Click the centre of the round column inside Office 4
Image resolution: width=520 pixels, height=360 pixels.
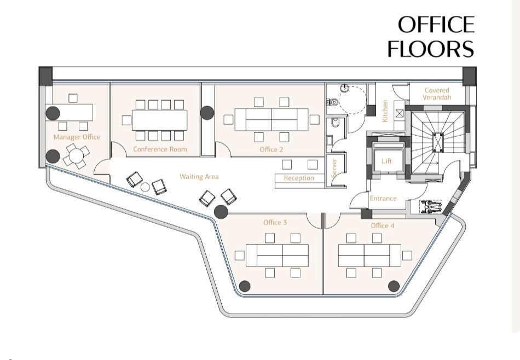(x=394, y=286)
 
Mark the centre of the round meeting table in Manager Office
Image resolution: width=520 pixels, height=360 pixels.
(x=76, y=155)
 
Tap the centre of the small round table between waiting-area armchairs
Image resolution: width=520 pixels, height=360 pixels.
(x=145, y=187)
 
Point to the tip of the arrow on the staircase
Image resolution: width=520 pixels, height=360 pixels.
(x=439, y=162)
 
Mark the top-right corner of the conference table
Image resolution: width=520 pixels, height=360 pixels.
(x=187, y=110)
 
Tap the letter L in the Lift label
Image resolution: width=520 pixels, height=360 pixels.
(x=383, y=161)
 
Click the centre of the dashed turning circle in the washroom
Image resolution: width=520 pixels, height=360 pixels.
(x=352, y=100)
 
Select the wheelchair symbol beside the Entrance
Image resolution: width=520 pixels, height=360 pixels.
(x=431, y=207)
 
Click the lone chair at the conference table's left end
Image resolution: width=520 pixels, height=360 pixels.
(x=126, y=120)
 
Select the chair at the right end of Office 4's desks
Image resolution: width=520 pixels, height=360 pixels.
(x=407, y=256)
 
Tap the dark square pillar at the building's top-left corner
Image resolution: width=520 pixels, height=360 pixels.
(x=46, y=75)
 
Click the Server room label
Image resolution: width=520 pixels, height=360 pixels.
(x=334, y=168)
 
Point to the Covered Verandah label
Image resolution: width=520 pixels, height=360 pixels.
(x=437, y=94)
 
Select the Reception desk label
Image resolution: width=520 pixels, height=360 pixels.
(x=299, y=178)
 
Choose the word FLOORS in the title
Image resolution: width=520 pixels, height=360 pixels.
(x=431, y=49)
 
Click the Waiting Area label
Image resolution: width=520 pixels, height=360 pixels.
(x=199, y=177)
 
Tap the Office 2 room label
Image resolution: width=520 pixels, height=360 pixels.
(x=271, y=149)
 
